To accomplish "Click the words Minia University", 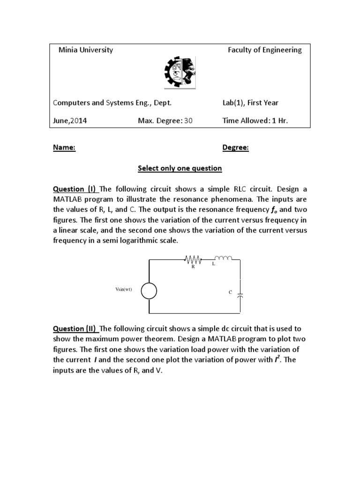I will coord(86,50).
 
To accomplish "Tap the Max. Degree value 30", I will coord(188,120).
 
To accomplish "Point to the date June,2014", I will coord(70,120).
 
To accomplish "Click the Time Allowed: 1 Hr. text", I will coord(255,120).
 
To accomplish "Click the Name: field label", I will coord(64,148).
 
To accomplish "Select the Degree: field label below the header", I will coord(235,148).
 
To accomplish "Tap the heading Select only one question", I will coord(180,168).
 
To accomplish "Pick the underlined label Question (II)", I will coord(75,329).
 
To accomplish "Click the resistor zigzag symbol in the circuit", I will coord(193,259).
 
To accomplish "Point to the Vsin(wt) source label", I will coord(124,289).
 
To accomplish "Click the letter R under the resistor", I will coord(193,267).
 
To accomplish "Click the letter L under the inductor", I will coord(213,264).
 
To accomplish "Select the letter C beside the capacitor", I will coord(230,292).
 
